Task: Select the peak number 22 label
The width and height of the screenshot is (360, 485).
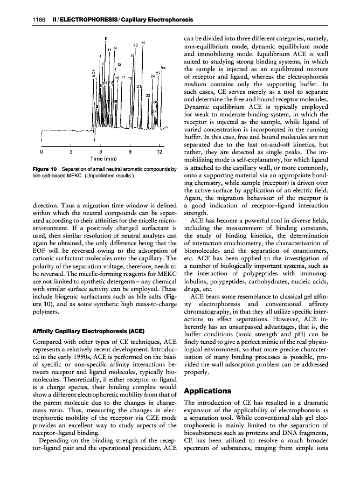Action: (x=143, y=43)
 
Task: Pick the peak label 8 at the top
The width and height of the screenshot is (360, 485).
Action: (x=106, y=38)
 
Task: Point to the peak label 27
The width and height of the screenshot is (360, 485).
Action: (x=158, y=73)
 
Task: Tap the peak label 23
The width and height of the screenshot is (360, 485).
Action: (x=148, y=95)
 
